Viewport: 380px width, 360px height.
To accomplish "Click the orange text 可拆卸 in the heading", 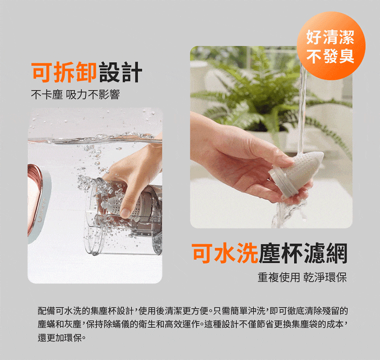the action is coord(64,72).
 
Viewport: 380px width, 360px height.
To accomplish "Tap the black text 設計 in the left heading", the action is coord(120,72).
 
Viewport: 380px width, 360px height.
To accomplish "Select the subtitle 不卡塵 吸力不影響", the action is coord(76,94).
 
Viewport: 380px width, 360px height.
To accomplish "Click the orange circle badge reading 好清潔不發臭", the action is coord(331,46).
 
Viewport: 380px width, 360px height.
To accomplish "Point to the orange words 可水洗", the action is coord(225,253).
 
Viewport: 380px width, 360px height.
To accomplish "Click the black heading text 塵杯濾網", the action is coord(303,253).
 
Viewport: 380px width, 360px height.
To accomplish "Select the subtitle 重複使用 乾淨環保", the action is coord(302,277).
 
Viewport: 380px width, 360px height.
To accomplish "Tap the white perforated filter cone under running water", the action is coord(305,167).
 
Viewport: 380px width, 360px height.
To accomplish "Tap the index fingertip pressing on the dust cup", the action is coord(125,213).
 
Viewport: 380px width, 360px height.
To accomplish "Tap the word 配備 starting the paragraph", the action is coord(46,311).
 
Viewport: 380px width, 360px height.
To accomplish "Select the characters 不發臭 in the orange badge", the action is coord(330,57).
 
